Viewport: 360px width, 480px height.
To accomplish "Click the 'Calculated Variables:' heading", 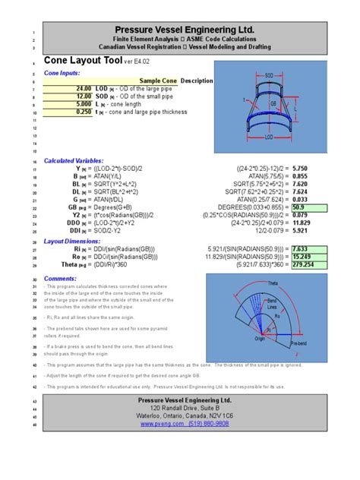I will (x=74, y=162).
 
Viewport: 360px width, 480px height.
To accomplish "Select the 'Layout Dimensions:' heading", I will (x=72, y=241).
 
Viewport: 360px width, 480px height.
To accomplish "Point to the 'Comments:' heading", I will (x=60, y=279).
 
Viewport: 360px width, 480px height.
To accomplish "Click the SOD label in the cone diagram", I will (x=268, y=75).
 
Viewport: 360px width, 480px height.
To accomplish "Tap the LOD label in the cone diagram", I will (x=268, y=138).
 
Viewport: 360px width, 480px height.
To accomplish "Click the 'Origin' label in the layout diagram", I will (x=261, y=340).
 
